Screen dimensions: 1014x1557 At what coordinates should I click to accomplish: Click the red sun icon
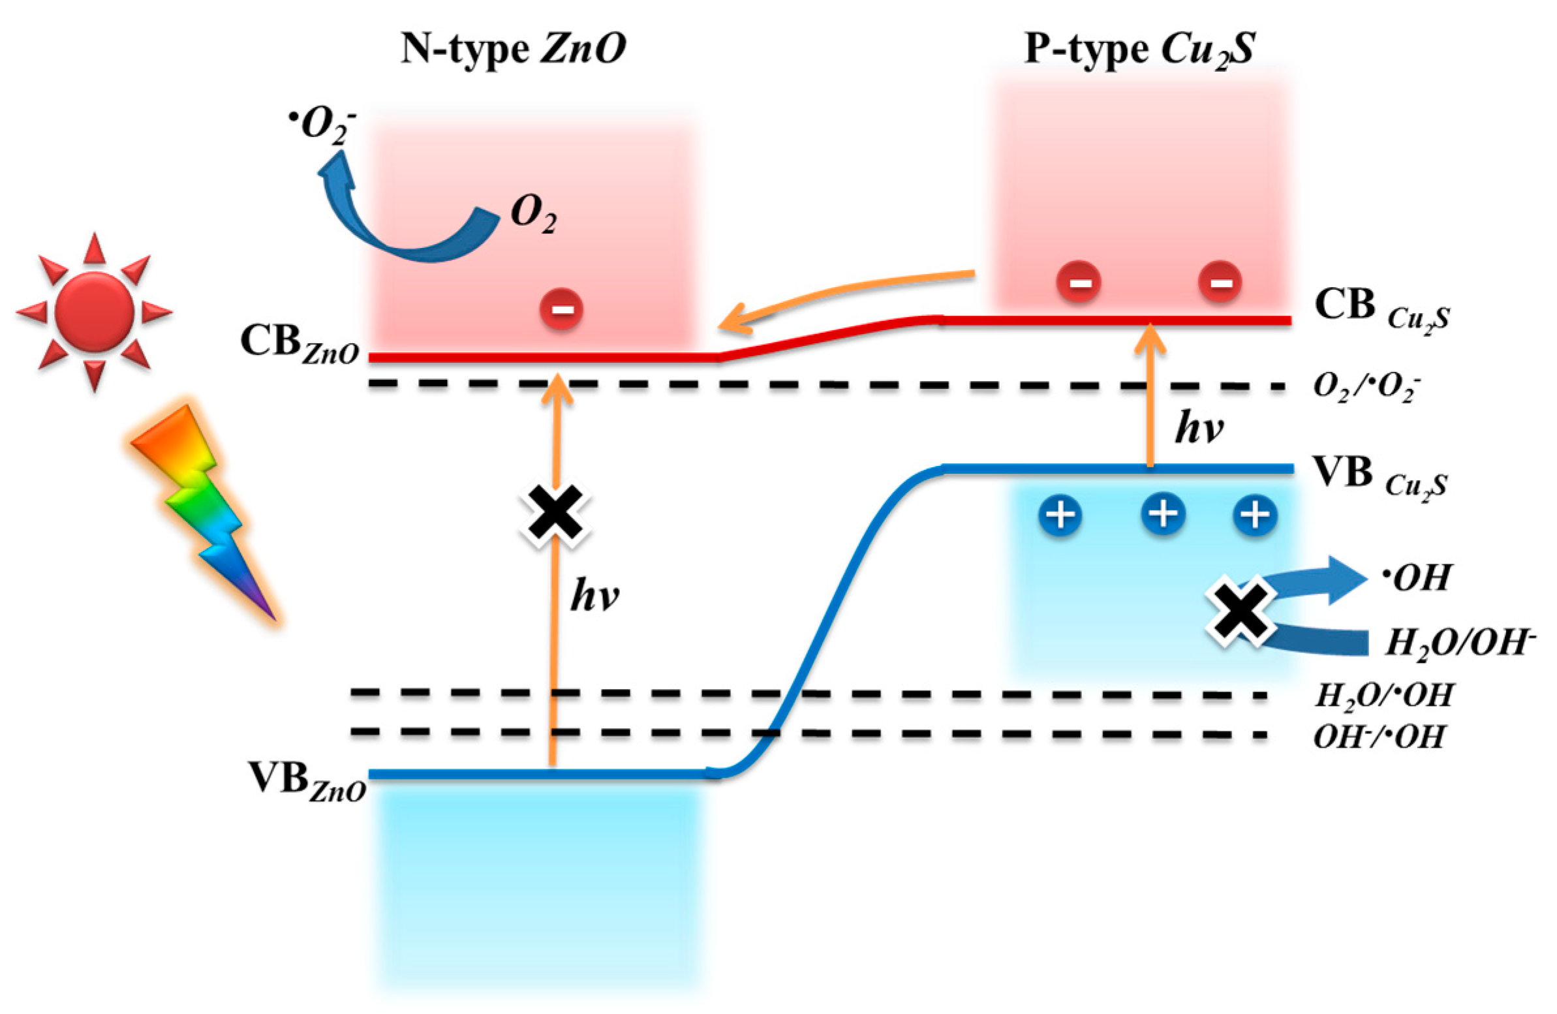coord(95,312)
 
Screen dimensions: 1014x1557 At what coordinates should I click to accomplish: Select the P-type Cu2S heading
coord(1139,49)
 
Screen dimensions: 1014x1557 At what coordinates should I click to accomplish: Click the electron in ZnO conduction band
coord(561,309)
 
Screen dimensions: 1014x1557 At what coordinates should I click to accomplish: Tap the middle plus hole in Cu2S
coord(1163,514)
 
